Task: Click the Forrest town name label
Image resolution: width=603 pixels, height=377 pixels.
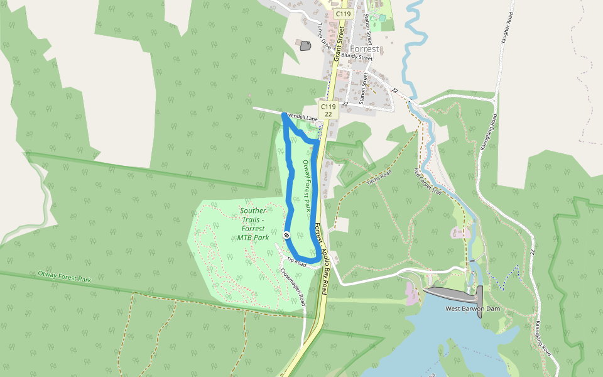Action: pyautogui.click(x=365, y=48)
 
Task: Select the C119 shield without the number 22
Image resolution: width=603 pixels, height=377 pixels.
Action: pyautogui.click(x=342, y=13)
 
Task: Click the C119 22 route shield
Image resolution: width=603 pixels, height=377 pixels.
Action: pyautogui.click(x=328, y=110)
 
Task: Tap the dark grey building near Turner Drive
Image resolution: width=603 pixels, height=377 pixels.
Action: pyautogui.click(x=306, y=45)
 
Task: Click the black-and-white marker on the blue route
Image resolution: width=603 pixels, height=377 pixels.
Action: pyautogui.click(x=286, y=235)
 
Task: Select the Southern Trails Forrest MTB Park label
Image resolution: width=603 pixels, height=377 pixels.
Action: pyautogui.click(x=253, y=224)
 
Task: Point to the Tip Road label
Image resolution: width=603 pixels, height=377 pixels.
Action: pyautogui.click(x=296, y=262)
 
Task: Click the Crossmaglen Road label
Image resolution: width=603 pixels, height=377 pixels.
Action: pyautogui.click(x=293, y=284)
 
